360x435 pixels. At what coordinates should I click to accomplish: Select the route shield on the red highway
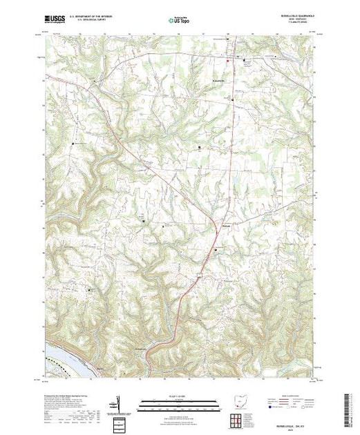pyautogui.click(x=198, y=275)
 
